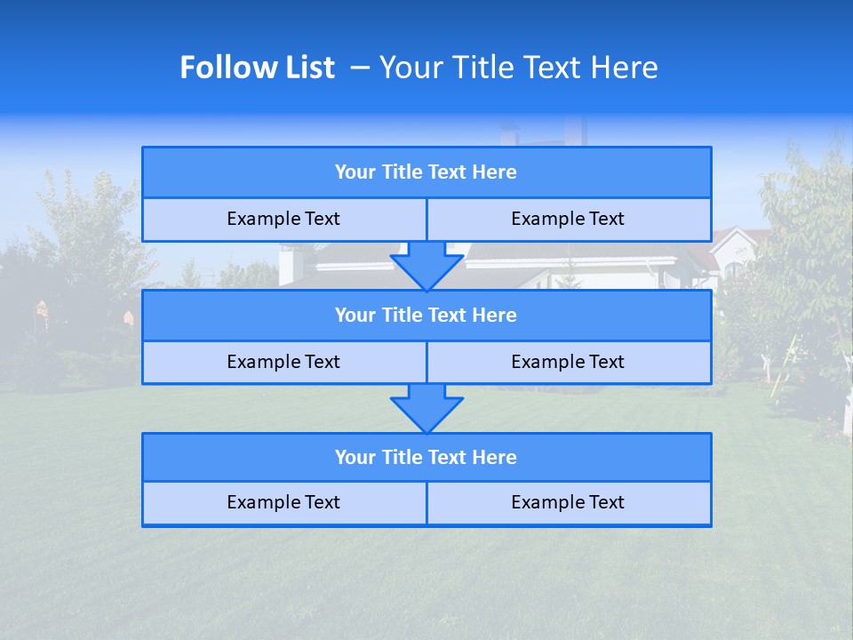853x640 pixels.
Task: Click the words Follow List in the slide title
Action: point(257,68)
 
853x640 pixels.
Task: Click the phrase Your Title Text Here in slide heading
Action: point(519,68)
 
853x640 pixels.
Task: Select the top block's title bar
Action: point(426,172)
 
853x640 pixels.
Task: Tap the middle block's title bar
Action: point(426,316)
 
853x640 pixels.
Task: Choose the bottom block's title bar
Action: point(426,458)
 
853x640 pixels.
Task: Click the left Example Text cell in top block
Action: point(283,220)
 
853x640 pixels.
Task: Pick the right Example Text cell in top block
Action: point(568,220)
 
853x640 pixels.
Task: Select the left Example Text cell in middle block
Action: point(283,363)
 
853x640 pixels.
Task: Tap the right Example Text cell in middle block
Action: point(568,363)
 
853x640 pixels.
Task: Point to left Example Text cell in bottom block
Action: point(283,503)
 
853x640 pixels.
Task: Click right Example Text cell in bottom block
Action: point(568,503)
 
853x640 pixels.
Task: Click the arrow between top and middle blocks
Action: point(426,266)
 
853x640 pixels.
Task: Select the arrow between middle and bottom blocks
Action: point(426,408)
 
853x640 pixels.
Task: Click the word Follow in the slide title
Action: point(225,68)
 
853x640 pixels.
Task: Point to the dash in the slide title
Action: point(360,68)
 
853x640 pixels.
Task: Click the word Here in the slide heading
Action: point(626,68)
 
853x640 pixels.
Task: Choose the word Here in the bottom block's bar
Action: point(494,458)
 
